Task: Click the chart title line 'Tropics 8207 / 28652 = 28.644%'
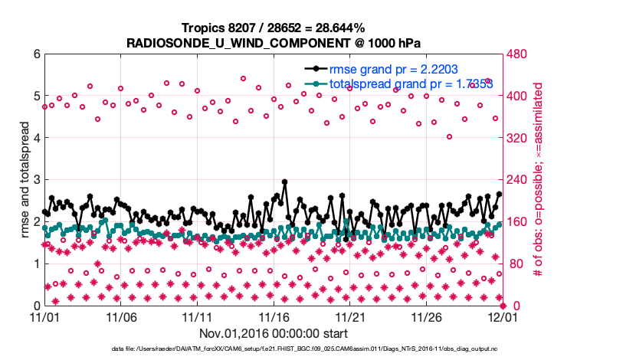tap(273, 28)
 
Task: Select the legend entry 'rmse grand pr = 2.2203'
tap(392, 69)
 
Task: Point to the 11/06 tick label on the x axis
tap(120, 316)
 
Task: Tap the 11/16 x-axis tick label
tap(274, 316)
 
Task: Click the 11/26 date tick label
tap(426, 316)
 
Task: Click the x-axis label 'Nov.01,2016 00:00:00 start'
tap(274, 333)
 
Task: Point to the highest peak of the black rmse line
tap(284, 182)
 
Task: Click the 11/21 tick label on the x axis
tap(350, 316)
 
